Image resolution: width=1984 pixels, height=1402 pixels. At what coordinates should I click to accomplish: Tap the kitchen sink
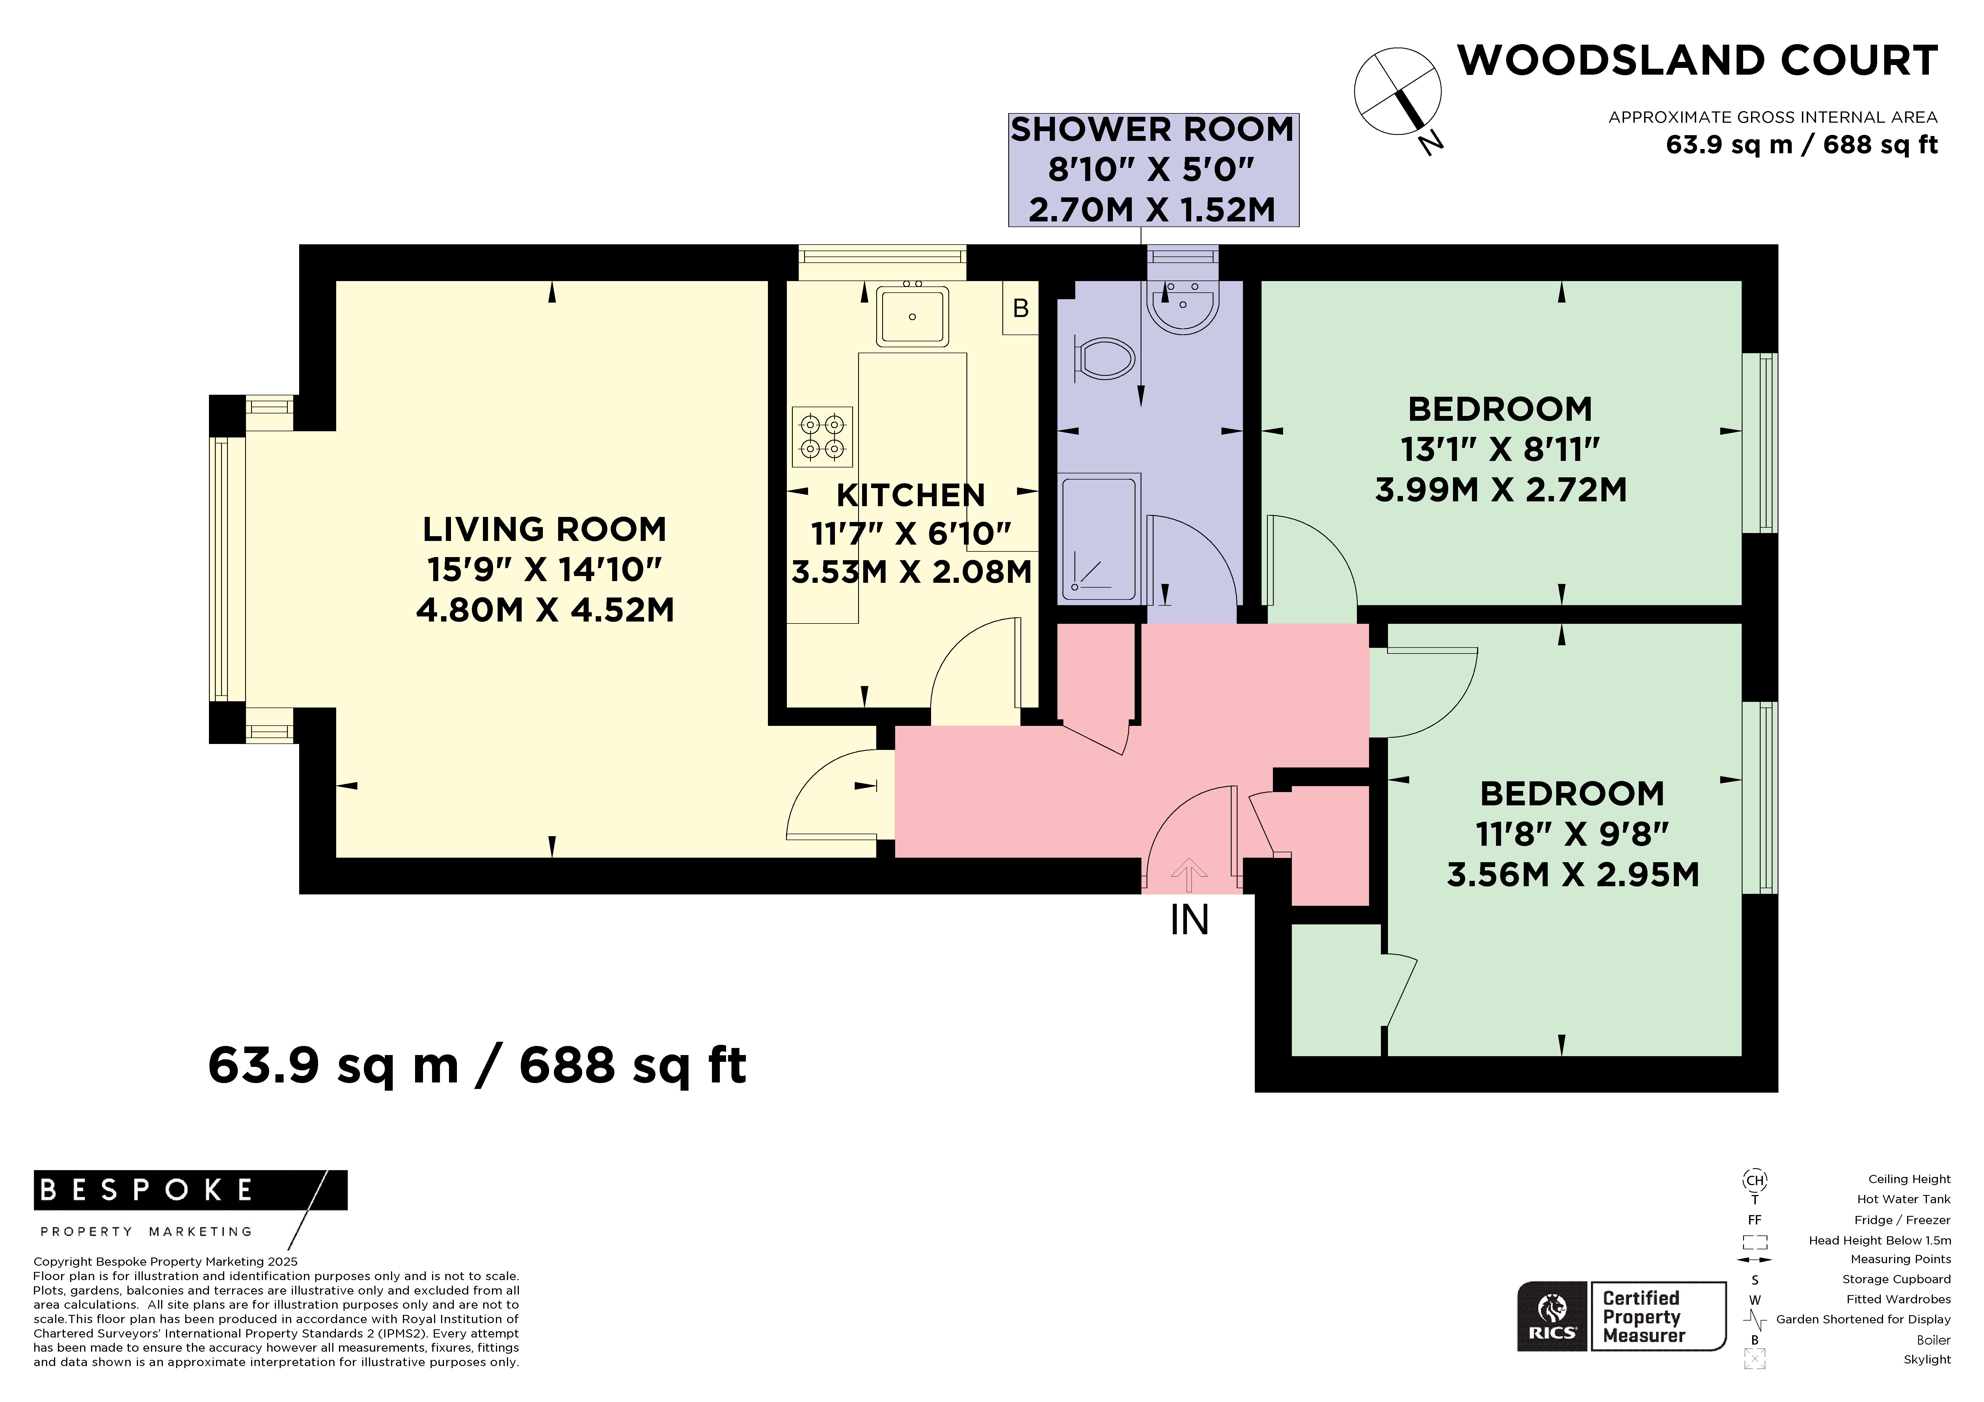[912, 316]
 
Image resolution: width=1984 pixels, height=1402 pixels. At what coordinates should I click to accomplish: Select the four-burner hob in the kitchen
[822, 437]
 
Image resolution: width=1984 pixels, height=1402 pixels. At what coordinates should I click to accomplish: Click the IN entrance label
[1189, 920]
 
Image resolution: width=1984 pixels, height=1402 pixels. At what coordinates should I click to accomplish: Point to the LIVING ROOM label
[544, 529]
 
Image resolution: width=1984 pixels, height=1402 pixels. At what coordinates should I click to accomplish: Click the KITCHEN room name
[911, 495]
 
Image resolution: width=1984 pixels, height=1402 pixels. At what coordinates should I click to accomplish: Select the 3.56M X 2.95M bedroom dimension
[1573, 875]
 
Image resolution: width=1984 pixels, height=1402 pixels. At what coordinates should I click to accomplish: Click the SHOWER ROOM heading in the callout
[1153, 130]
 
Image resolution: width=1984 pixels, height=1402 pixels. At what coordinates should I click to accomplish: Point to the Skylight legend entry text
[1927, 1360]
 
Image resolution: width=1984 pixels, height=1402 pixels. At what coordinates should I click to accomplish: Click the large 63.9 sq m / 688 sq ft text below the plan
[477, 1065]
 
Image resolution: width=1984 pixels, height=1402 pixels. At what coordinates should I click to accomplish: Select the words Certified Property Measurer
[1644, 1316]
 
